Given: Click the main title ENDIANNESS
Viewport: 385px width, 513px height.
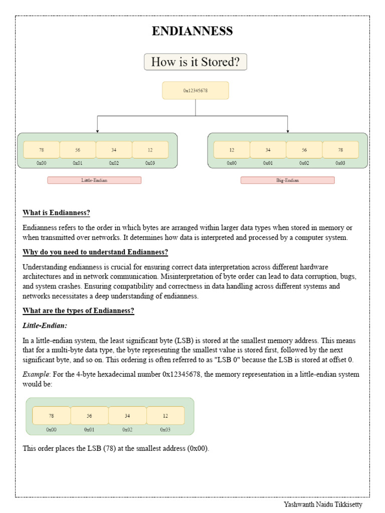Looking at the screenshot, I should click(192, 32).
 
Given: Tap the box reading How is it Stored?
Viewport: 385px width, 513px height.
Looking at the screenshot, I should click(196, 62).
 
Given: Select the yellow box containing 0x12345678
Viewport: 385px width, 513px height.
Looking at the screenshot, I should click(196, 91).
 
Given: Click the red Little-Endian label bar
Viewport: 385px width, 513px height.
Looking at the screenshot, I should click(94, 180).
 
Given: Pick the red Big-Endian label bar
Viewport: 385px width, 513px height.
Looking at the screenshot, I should click(287, 180).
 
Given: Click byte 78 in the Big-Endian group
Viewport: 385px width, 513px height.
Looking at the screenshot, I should click(340, 150).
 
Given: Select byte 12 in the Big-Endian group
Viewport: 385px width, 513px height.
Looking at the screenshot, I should click(232, 150).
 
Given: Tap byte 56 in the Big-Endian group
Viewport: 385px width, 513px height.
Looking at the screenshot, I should click(304, 150).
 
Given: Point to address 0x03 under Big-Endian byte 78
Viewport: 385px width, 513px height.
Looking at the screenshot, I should click(340, 163).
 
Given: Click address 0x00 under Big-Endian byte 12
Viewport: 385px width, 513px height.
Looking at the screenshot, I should click(232, 163).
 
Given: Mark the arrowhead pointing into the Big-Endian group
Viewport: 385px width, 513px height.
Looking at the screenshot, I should click(288, 131).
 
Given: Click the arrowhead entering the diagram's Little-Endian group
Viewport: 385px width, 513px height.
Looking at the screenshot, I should click(97, 131).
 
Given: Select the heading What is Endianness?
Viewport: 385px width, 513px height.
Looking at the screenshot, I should click(56, 213).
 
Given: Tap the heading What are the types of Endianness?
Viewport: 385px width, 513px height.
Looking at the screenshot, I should click(78, 311).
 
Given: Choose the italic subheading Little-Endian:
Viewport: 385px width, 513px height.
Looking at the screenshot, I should click(45, 326).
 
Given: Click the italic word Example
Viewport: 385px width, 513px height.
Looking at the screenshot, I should click(35, 374).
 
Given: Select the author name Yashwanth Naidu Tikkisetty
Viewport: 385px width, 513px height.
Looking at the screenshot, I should click(322, 504).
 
